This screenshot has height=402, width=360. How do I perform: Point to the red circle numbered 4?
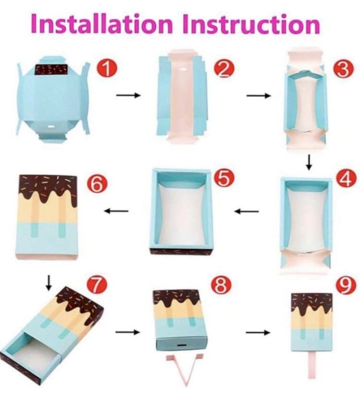click(x=345, y=179)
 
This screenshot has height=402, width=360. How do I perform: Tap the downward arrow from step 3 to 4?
click(x=309, y=162)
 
